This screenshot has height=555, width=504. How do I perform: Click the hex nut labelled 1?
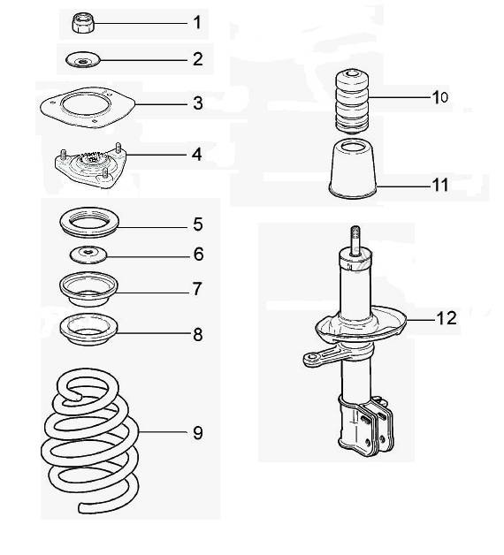[x=83, y=23]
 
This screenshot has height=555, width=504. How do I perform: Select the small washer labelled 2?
[x=83, y=60]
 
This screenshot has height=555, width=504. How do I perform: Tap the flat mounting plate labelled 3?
[x=88, y=107]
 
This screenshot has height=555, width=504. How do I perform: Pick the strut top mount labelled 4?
[x=91, y=165]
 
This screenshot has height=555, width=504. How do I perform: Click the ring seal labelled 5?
[x=89, y=223]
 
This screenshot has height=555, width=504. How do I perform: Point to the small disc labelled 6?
[x=88, y=255]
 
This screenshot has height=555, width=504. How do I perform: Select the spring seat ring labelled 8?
[x=88, y=330]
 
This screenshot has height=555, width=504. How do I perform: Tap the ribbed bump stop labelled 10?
[x=352, y=102]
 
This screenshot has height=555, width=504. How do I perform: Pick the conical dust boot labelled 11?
[x=353, y=169]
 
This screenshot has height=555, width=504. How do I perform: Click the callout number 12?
[x=447, y=318]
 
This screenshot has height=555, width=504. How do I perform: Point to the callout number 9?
[x=198, y=432]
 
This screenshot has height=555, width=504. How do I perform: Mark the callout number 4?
[x=197, y=155]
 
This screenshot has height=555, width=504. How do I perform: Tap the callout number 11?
[x=439, y=185]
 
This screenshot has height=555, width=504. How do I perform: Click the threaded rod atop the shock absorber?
[x=355, y=240]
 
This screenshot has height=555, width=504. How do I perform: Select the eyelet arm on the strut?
[x=322, y=357]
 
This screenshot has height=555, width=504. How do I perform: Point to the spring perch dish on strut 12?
[x=361, y=325]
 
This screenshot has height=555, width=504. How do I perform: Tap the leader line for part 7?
[x=153, y=293]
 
